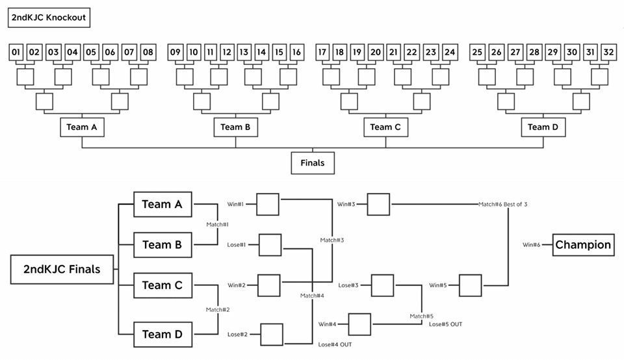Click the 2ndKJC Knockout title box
point(49,18)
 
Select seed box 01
point(17,52)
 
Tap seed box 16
point(296,52)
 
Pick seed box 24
point(450,52)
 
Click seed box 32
point(608,52)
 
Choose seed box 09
point(175,52)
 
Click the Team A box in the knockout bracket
point(82,127)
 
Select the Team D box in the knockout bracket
point(543,127)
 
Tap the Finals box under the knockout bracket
point(313,163)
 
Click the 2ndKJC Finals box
point(62,269)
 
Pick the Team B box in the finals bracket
point(162,245)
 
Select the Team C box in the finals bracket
point(162,285)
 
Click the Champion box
point(583,245)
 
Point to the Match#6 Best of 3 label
point(503,205)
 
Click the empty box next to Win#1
point(268,204)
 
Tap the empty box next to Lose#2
point(272,335)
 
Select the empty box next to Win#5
point(471,285)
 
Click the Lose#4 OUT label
point(335,344)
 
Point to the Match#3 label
point(332,240)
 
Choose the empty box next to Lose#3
point(383,285)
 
